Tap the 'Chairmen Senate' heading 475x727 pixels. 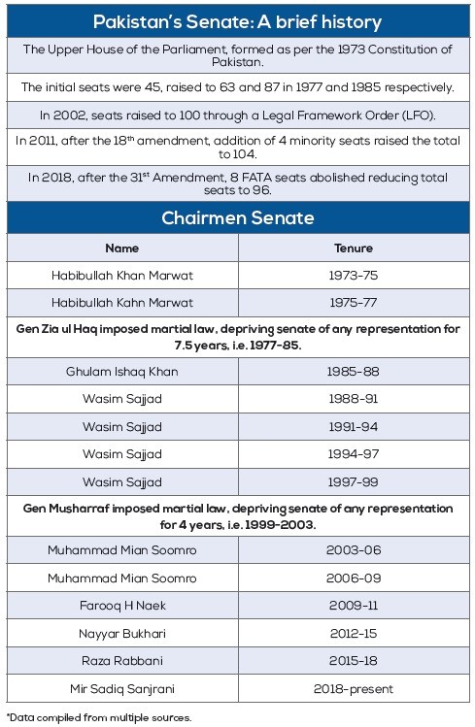[237, 217]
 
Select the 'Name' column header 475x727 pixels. [121, 248]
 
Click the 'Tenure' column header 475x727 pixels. [353, 248]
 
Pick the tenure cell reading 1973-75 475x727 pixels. [353, 276]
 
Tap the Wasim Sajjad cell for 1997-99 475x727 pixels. [121, 481]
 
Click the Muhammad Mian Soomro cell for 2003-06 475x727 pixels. [121, 550]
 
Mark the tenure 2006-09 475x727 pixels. [353, 578]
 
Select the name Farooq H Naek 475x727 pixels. [121, 607]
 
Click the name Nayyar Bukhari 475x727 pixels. [121, 634]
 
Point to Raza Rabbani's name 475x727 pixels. [121, 661]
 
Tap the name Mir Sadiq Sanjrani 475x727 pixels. [121, 689]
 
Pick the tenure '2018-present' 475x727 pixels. [353, 689]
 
